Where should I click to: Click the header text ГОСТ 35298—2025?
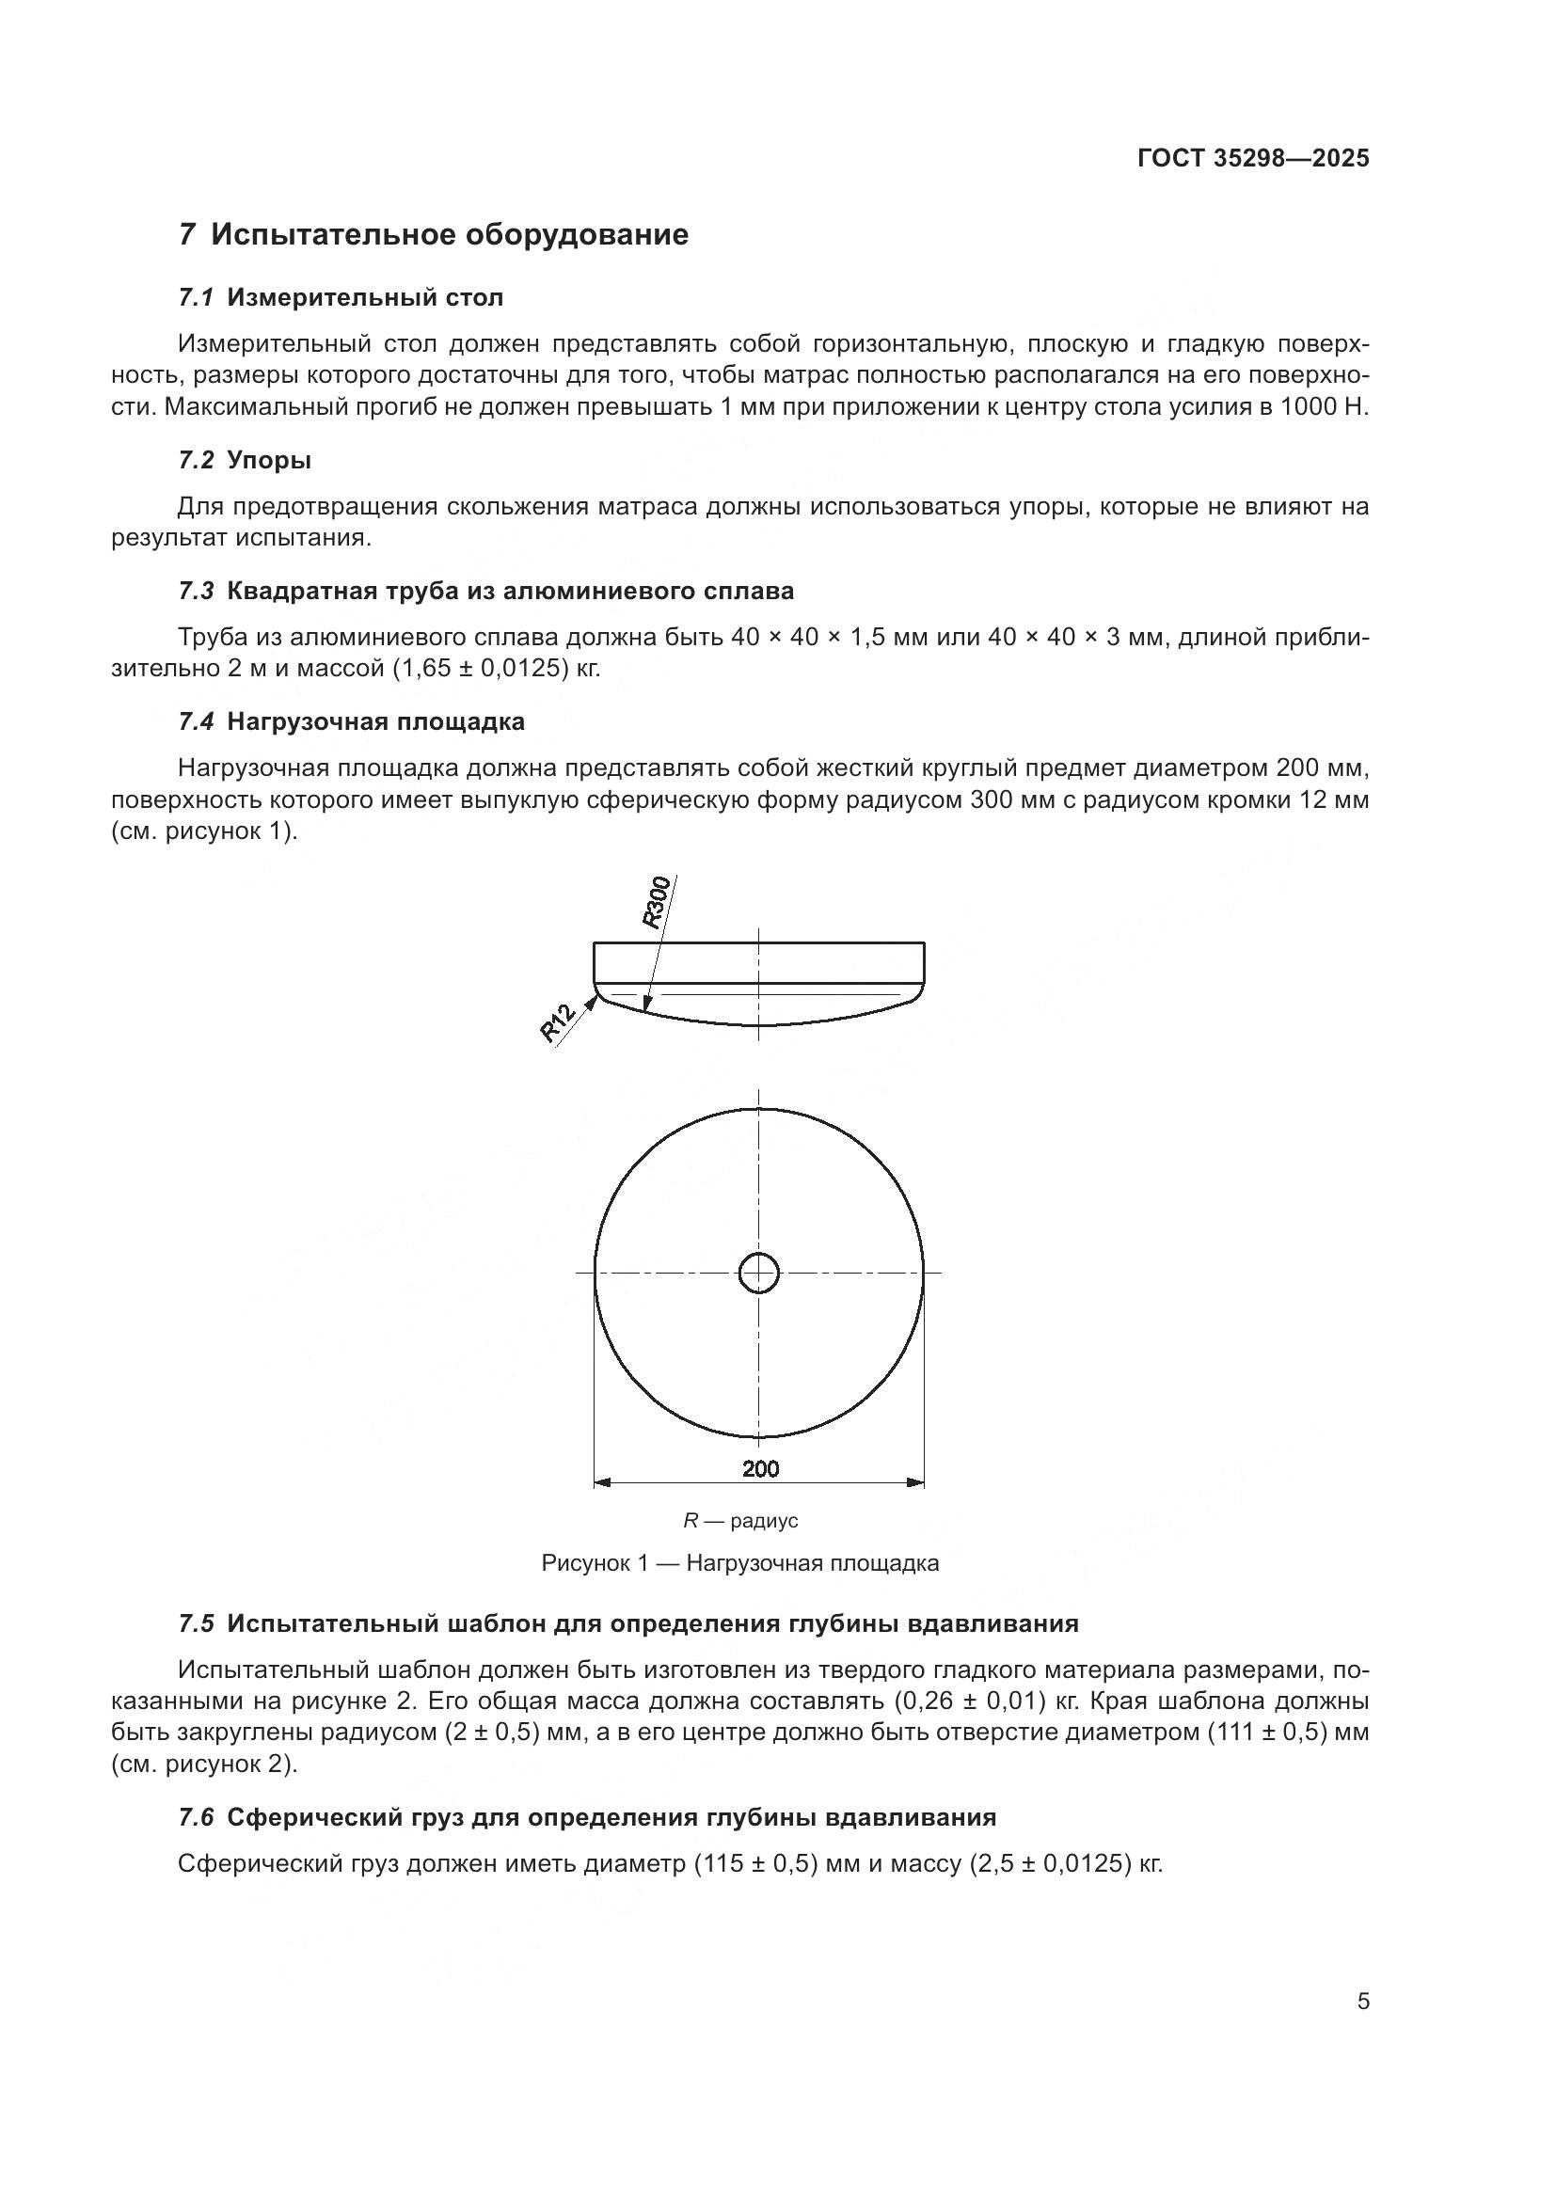point(1253,158)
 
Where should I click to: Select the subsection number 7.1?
point(197,298)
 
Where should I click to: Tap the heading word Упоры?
point(269,461)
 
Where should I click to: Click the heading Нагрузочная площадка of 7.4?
point(375,721)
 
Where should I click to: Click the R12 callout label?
point(558,1022)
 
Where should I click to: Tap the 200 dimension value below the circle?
point(760,1468)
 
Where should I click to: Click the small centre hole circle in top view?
point(759,1274)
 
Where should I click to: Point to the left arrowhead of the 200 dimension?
point(602,1483)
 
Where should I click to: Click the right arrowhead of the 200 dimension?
point(916,1483)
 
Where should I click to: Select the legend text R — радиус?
point(739,1521)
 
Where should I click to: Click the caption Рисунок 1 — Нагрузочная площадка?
point(739,1564)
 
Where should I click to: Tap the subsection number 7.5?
point(197,1624)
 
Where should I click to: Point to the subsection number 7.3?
point(197,592)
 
